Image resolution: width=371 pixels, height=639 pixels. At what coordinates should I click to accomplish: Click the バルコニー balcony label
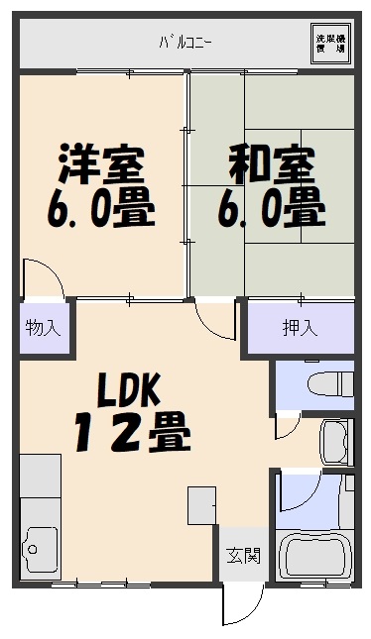(185, 42)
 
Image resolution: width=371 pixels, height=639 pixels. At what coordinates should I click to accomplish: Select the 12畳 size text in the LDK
(131, 431)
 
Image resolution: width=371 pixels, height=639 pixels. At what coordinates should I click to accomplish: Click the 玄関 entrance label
(242, 555)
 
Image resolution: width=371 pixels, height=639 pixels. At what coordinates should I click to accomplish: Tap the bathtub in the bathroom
(317, 560)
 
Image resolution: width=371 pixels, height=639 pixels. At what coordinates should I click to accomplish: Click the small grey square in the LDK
(201, 504)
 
